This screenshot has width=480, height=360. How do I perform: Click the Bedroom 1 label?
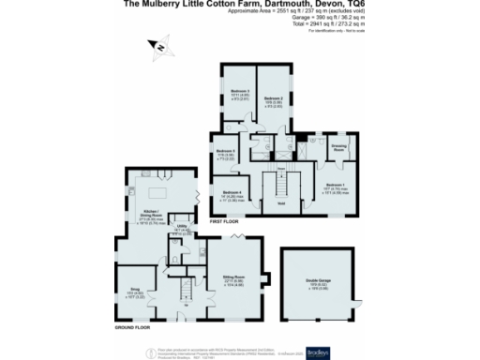click(335, 185)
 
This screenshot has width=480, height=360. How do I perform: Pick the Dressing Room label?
click(338, 147)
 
